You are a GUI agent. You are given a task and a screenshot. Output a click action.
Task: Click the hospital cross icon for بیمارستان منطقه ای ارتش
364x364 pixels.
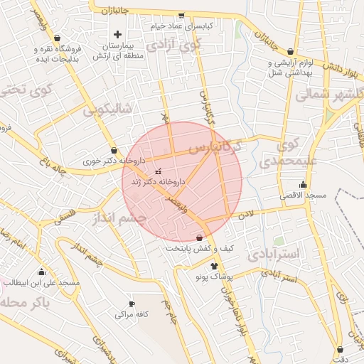click(x=118, y=34)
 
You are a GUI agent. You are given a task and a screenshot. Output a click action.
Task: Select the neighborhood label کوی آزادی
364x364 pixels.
click(x=174, y=44)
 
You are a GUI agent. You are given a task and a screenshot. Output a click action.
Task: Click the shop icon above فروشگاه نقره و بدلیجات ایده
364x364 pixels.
click(x=57, y=38)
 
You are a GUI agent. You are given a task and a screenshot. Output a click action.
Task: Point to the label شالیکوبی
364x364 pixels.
click(x=107, y=110)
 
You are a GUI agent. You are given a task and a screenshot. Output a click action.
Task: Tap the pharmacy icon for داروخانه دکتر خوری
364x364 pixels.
click(x=114, y=150)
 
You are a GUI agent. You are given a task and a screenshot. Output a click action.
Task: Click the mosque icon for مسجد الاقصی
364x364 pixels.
click(x=304, y=185)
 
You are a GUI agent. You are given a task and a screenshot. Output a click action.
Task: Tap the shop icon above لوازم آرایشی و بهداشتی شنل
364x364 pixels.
click(x=290, y=52)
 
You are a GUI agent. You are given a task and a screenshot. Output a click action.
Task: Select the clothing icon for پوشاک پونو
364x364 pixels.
click(x=215, y=265)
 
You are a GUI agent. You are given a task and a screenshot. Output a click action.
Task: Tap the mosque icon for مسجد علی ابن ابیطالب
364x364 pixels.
click(x=41, y=272)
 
